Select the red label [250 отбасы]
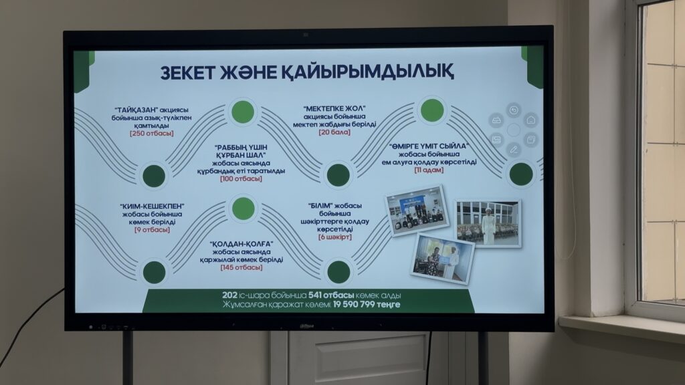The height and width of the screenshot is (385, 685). (x=152, y=133)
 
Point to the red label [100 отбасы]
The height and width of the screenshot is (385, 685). (x=241, y=178)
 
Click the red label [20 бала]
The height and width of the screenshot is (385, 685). (x=334, y=132)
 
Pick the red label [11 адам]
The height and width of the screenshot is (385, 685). (x=429, y=170)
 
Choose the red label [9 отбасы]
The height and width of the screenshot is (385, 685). (x=152, y=230)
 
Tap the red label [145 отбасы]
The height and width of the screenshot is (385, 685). (x=241, y=267)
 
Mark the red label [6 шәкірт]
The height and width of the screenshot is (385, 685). (x=335, y=237)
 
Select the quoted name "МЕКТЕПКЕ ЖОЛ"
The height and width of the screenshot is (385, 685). (x=334, y=108)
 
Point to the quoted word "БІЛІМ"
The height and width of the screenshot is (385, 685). (x=321, y=206)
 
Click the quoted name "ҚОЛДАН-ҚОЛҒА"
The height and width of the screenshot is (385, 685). (x=241, y=243)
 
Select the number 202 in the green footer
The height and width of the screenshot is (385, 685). (x=229, y=295)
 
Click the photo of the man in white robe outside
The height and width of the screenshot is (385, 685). (x=488, y=223)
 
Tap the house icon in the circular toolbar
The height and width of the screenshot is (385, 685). (x=530, y=119)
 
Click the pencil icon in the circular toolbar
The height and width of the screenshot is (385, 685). (x=514, y=150)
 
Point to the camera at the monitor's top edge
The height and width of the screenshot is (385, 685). (x=306, y=35)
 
